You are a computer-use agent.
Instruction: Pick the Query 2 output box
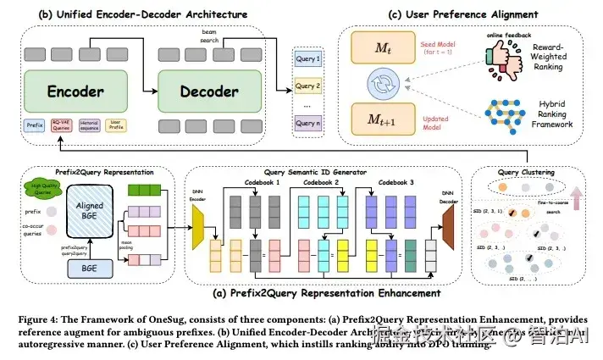coord(307,86)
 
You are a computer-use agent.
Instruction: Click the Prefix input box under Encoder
coord(36,125)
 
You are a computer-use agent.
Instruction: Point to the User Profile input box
coord(119,125)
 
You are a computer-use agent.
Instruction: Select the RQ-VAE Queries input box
coord(63,125)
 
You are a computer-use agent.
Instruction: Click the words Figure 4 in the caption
coord(32,319)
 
